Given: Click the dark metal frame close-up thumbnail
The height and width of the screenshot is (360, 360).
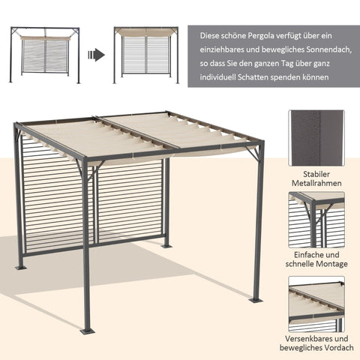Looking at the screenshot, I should pos(316,138).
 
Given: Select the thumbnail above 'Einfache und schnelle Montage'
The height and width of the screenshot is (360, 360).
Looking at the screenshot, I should pos(316,219).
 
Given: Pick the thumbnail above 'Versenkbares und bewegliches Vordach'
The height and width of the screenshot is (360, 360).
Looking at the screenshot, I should pos(316,302).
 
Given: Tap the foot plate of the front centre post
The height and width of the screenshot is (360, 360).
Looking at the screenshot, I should pos(88,329).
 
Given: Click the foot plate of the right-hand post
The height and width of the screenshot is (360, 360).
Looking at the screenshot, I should pos(256,300).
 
